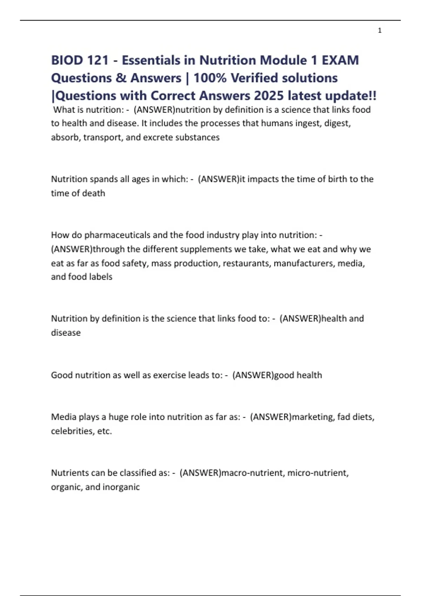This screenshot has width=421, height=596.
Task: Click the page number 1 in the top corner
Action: [380, 31]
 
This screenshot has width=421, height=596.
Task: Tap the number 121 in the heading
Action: [98, 60]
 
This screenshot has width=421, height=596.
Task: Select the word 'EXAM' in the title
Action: [340, 60]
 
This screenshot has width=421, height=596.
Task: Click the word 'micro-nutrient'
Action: [318, 473]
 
